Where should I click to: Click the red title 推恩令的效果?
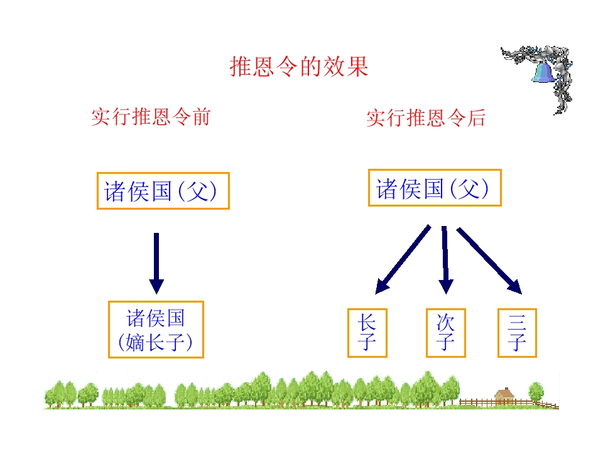pos(299,67)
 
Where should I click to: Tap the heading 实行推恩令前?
pos(151,117)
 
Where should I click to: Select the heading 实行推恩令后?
pos(426,117)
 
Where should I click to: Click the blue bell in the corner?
pos(543,72)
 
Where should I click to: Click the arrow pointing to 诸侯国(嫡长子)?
pos(156,263)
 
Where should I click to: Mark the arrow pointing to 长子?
pos(403,260)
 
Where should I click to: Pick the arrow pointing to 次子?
pos(445,260)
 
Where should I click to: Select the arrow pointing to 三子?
pos(489,260)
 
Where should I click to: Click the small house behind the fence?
pos(504,396)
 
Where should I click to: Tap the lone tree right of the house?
pos(536,392)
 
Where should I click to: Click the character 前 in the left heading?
pos(202,117)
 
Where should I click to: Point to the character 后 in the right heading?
pos(476,117)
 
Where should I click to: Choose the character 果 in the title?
pos(357,67)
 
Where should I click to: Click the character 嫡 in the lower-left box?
pos(134,342)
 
